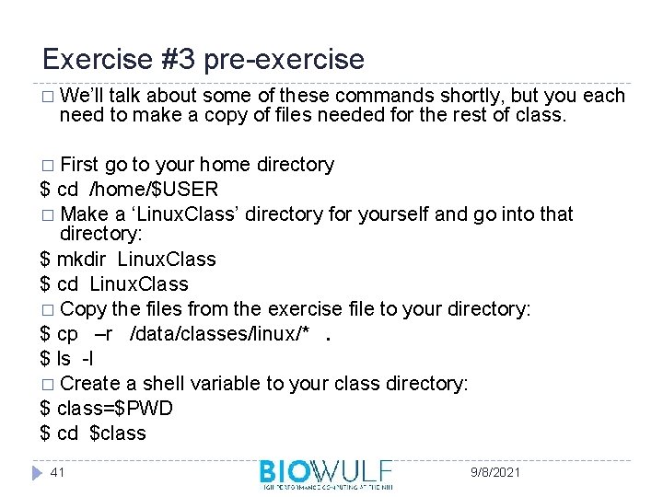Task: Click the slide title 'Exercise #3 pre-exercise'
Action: (x=204, y=60)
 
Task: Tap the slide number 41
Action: (x=58, y=472)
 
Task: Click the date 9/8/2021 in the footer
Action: (x=494, y=472)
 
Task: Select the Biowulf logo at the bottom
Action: (x=326, y=474)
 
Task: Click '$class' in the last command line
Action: (x=118, y=433)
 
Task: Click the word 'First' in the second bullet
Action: (x=79, y=165)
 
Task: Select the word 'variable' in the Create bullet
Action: (x=253, y=384)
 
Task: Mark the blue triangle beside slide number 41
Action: (x=36, y=472)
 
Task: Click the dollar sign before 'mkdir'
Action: (x=45, y=260)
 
